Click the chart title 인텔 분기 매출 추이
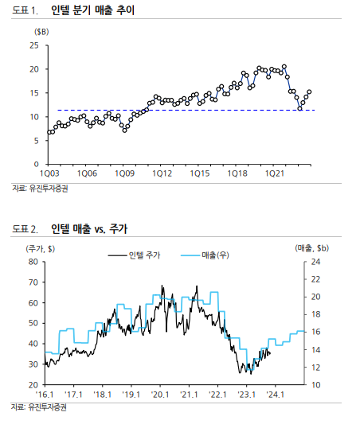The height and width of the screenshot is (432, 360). point(92,10)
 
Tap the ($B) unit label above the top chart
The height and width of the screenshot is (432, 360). point(41,32)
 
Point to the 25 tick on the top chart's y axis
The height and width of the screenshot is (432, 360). point(34,45)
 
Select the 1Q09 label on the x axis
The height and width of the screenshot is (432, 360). point(124,173)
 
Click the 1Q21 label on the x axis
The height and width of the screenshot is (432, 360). point(275,173)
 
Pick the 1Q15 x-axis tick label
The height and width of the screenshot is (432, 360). point(199,173)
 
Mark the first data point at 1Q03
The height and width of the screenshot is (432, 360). point(49,132)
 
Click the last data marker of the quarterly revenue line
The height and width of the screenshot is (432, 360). point(309,92)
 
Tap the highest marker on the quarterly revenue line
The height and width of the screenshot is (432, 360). point(284,66)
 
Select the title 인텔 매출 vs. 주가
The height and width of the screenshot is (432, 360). point(89,229)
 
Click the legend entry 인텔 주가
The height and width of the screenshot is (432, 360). point(135,255)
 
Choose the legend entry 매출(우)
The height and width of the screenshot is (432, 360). point(205,255)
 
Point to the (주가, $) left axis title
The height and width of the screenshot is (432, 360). point(41,249)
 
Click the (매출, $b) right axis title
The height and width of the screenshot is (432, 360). point(312,248)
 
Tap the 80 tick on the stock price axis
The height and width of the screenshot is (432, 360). point(33,262)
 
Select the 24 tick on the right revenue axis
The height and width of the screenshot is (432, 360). point(316,262)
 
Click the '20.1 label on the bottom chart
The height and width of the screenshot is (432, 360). point(160,395)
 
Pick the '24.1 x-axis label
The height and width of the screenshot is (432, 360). point(276,395)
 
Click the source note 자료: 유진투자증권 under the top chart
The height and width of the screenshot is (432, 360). point(40,189)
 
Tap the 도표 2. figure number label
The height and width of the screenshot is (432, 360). point(25,229)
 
